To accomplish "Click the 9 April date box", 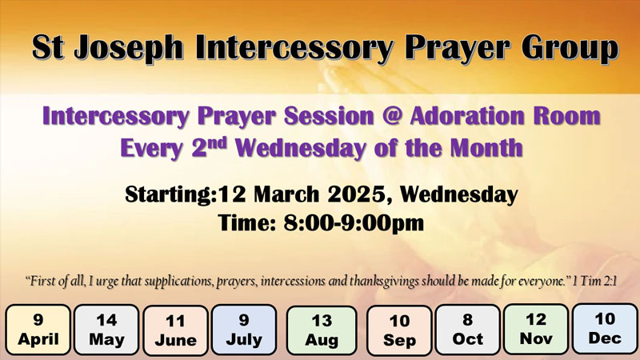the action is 38,330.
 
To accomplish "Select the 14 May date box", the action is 106,330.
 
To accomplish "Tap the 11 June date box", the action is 175,330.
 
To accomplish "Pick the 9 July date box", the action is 244,330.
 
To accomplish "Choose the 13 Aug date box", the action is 322,330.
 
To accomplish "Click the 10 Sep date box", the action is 399,330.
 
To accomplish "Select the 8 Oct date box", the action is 468,330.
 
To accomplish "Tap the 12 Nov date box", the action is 536,329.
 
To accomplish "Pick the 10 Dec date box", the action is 605,329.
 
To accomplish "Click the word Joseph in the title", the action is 128,49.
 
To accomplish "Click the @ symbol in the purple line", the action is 392,116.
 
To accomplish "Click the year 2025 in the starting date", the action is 356,194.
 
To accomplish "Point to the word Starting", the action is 170,194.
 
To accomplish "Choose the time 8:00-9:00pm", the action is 354,223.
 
